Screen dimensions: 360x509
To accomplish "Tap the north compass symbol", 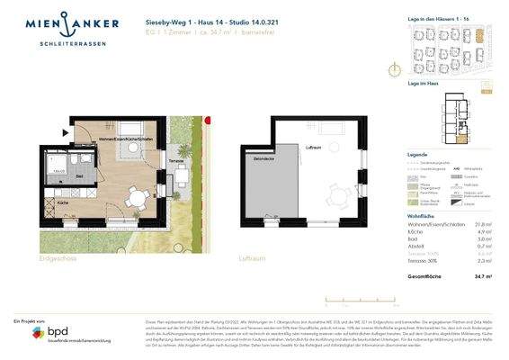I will [393, 69].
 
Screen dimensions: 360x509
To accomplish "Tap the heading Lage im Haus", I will [410, 84].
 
